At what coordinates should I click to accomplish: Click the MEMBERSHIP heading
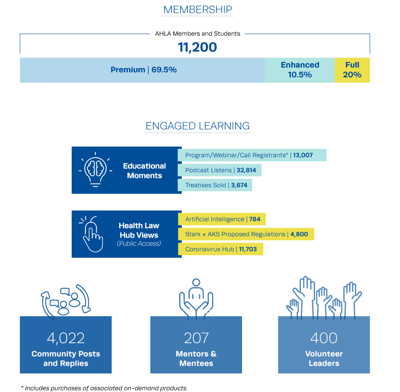(x=197, y=10)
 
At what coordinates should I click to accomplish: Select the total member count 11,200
(x=197, y=47)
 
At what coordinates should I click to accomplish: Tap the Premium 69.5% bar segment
(x=142, y=70)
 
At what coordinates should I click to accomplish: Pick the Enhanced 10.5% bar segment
(x=300, y=70)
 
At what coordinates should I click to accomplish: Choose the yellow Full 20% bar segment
(x=352, y=70)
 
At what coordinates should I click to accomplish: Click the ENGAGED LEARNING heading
(x=197, y=126)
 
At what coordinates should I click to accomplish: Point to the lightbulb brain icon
(x=95, y=170)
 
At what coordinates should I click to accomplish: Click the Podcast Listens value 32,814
(x=246, y=170)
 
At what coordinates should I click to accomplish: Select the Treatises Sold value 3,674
(x=239, y=185)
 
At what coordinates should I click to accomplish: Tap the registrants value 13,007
(x=303, y=155)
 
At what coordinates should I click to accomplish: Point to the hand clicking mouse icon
(x=92, y=234)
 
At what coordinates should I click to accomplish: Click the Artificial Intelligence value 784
(x=255, y=219)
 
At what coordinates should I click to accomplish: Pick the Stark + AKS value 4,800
(x=299, y=234)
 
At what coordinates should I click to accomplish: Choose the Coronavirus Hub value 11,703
(x=247, y=249)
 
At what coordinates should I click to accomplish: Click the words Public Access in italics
(x=139, y=244)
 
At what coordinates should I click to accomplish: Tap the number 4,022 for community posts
(x=66, y=338)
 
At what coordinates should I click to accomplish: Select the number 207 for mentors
(x=196, y=338)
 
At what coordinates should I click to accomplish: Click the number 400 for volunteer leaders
(x=324, y=338)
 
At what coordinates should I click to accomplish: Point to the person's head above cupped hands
(x=196, y=282)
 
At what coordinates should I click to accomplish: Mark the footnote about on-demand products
(x=104, y=388)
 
